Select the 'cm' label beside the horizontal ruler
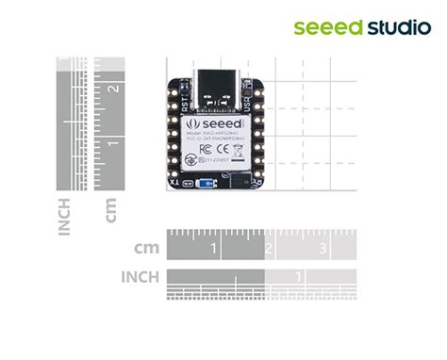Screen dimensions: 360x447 pyautogui.click(x=146, y=249)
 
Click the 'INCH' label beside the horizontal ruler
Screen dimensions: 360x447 pyautogui.click(x=141, y=277)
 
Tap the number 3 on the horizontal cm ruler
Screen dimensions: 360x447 pyautogui.click(x=323, y=249)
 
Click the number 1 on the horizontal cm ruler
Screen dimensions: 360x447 pyautogui.click(x=215, y=249)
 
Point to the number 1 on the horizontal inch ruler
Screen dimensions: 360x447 pyautogui.click(x=299, y=276)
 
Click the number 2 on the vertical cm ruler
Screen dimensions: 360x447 pyautogui.click(x=113, y=89)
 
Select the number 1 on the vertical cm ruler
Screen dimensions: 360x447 pyautogui.click(x=113, y=143)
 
